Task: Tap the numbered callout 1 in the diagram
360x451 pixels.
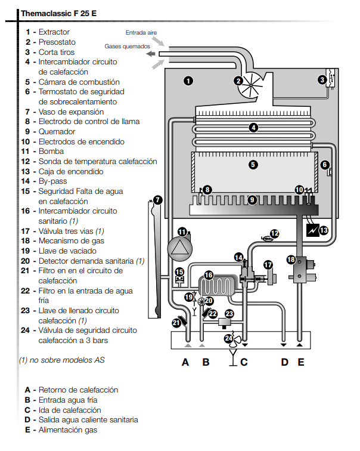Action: click(188, 81)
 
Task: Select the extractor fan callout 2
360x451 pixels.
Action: click(238, 81)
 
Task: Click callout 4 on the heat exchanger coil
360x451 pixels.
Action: click(253, 127)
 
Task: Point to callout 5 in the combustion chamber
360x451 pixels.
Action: click(253, 165)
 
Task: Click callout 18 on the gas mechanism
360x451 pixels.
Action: click(291, 260)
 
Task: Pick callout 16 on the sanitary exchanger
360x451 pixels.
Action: click(209, 275)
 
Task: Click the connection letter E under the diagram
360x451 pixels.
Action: click(301, 362)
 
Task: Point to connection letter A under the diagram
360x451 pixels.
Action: click(185, 362)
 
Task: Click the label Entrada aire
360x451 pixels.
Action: click(141, 32)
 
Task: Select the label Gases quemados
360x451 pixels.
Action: click(127, 46)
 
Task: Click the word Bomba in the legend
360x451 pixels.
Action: click(51, 152)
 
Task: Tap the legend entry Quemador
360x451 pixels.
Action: click(57, 131)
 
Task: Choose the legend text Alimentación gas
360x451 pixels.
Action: click(68, 430)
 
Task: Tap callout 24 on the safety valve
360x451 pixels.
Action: click(229, 338)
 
